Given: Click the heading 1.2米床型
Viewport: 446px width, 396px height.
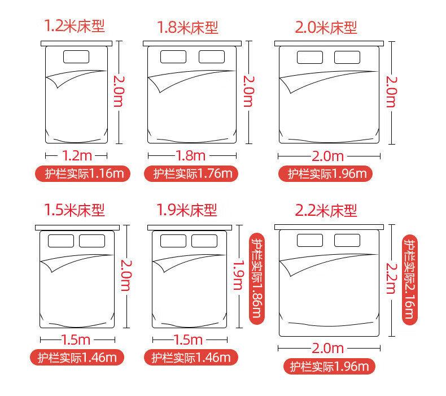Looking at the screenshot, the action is click(75, 26).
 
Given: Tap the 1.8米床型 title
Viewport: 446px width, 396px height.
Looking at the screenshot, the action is click(188, 28).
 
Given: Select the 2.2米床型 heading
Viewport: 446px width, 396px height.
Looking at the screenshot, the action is click(326, 211).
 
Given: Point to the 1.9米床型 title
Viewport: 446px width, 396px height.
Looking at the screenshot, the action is click(187, 210).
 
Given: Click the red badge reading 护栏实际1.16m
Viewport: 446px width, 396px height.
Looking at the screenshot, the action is click(82, 173).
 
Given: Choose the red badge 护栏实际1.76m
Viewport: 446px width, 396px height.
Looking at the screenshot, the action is click(191, 173).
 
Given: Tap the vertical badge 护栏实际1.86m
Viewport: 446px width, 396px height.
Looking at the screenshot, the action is click(257, 278).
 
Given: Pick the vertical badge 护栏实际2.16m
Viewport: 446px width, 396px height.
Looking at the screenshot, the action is click(410, 280).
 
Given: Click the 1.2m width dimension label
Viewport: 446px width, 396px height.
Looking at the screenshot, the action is click(77, 156).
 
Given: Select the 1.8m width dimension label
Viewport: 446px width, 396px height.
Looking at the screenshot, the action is click(191, 156).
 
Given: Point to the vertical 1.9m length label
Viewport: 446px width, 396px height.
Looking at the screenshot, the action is click(238, 275).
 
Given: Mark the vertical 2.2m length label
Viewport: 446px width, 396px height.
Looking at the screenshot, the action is click(391, 278).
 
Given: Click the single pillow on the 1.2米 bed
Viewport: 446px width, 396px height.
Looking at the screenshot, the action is click(76, 56).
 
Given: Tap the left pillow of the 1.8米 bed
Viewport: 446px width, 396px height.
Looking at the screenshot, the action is click(173, 56).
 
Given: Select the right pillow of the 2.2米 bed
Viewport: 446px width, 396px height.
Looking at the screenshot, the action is click(347, 240).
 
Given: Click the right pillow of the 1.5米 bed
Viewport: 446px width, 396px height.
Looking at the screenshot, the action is click(92, 241).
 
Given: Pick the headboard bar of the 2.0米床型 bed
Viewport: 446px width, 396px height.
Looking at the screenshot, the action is click(329, 43).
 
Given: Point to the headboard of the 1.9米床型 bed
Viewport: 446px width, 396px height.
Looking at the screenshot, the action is click(190, 228).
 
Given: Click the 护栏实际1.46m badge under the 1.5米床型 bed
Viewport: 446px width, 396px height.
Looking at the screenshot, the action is click(77, 357).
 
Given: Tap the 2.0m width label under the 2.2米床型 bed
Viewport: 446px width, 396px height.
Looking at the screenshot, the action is click(327, 348).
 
